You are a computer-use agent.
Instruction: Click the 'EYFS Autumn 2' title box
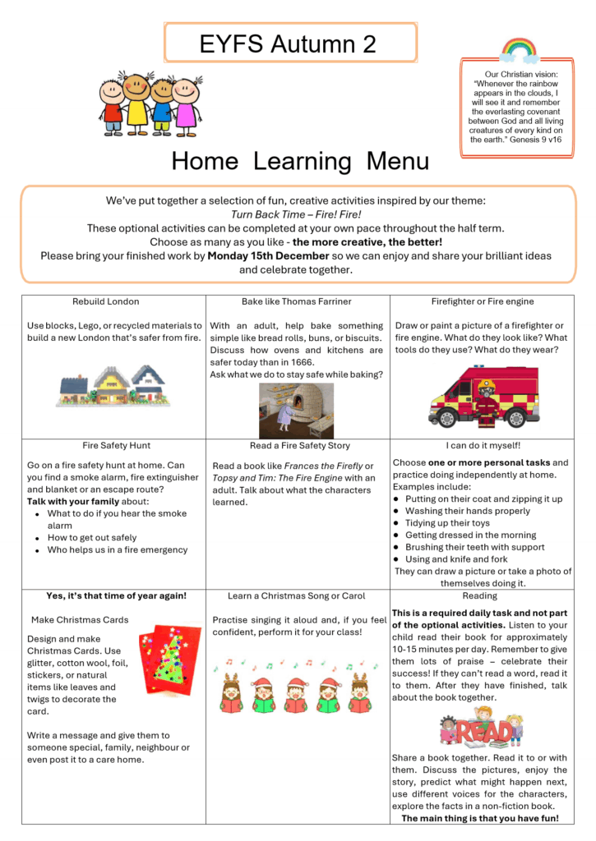[289, 44]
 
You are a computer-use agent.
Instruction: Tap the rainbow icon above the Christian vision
[519, 50]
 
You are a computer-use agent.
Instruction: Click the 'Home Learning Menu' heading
[300, 161]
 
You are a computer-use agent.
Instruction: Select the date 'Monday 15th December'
[263, 255]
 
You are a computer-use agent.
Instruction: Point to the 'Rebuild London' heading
[106, 301]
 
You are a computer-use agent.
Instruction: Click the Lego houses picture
[113, 386]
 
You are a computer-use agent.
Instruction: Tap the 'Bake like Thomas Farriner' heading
[297, 301]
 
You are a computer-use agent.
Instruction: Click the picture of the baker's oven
[297, 409]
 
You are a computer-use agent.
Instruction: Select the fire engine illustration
[483, 396]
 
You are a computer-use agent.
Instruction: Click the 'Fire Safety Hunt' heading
[116, 446]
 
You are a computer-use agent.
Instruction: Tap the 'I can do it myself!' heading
[483, 446]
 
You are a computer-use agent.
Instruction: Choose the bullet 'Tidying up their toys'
[447, 523]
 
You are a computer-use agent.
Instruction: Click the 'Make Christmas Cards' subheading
[80, 620]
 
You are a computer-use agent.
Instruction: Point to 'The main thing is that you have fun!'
[479, 819]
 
